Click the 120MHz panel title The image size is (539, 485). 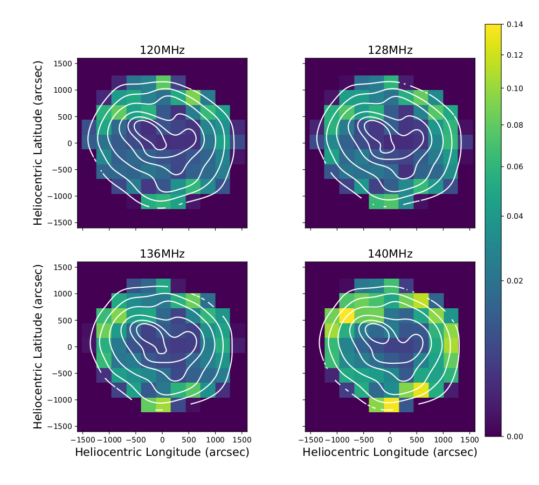[x=162, y=51]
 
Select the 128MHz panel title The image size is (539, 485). [x=390, y=51]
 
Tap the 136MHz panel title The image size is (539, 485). [x=162, y=254]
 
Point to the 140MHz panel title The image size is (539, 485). [x=390, y=254]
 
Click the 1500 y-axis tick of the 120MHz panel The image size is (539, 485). [x=64, y=64]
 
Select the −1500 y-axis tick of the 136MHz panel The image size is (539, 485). [x=61, y=426]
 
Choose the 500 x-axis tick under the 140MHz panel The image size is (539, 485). [x=416, y=440]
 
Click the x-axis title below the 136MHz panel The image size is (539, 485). [x=162, y=453]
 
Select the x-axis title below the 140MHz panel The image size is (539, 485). [x=390, y=453]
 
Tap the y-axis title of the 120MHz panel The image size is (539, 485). [x=38, y=143]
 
